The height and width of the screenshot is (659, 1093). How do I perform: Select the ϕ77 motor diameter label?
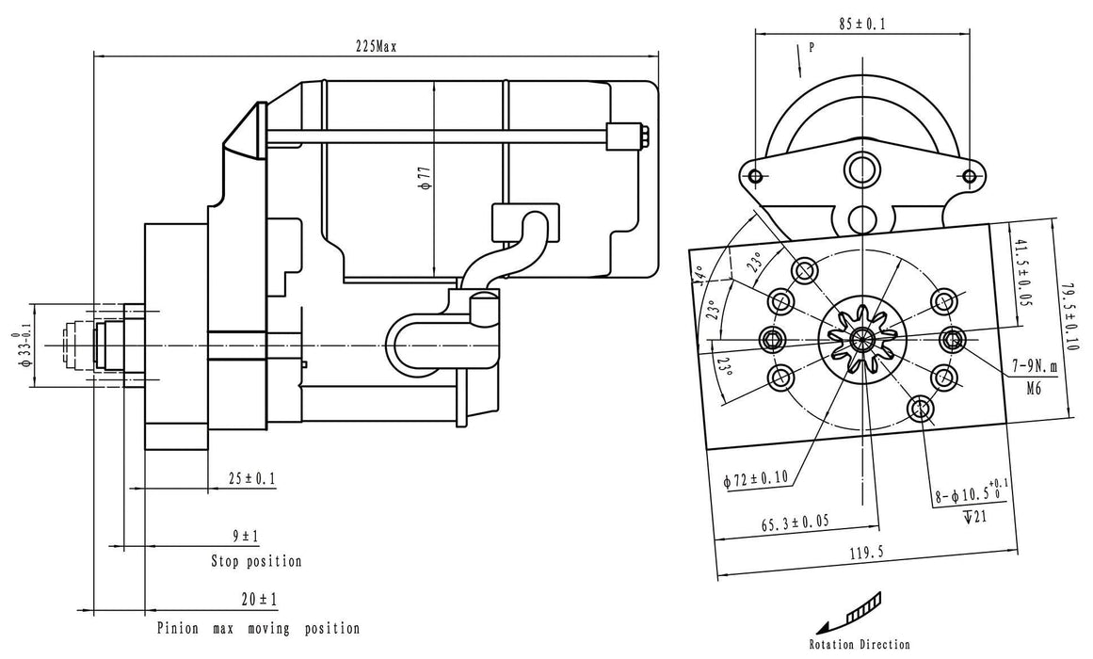pyautogui.click(x=426, y=179)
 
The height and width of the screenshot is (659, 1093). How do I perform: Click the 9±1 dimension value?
pyautogui.click(x=246, y=537)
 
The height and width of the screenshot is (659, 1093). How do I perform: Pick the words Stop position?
pyautogui.click(x=256, y=561)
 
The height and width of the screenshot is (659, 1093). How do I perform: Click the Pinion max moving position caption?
pyautogui.click(x=258, y=628)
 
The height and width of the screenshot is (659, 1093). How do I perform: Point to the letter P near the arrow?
pyautogui.click(x=810, y=45)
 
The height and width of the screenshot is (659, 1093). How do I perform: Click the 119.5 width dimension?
pyautogui.click(x=865, y=555)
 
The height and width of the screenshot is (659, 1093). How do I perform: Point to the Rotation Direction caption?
pyautogui.click(x=859, y=645)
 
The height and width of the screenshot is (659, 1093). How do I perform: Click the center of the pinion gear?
pyautogui.click(x=859, y=339)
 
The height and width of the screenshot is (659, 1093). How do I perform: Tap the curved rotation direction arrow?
pyautogui.click(x=849, y=612)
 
